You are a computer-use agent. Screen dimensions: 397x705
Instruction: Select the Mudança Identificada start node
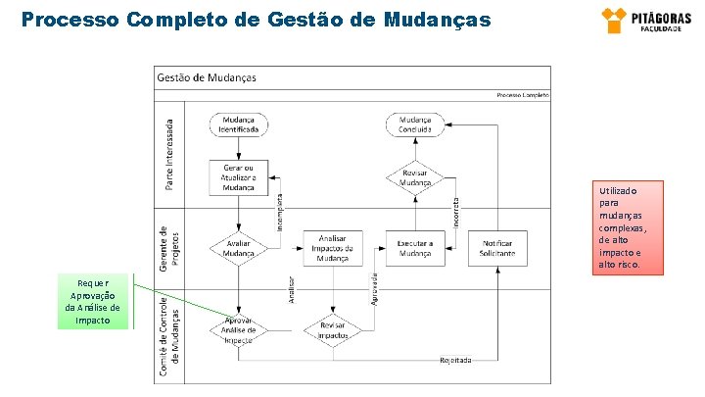[x=239, y=124]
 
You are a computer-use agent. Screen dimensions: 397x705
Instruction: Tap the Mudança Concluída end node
[x=415, y=124]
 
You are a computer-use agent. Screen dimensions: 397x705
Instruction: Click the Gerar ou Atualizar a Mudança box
[x=239, y=176]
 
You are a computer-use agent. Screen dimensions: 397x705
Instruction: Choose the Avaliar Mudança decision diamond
[x=239, y=248]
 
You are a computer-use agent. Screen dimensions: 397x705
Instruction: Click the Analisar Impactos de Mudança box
[x=333, y=248]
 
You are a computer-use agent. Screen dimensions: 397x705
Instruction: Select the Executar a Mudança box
[x=415, y=248]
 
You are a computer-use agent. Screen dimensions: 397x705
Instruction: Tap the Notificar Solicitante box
[x=497, y=248]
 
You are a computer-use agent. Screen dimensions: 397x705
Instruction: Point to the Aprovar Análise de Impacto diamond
[x=239, y=329]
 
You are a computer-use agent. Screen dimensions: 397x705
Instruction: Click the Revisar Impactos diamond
[x=333, y=329]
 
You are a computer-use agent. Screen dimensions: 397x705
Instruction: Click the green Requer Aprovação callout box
[x=93, y=300]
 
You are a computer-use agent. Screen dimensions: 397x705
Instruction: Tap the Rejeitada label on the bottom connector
[x=455, y=360]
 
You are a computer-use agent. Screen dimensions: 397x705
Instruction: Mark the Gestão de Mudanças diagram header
[x=207, y=77]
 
